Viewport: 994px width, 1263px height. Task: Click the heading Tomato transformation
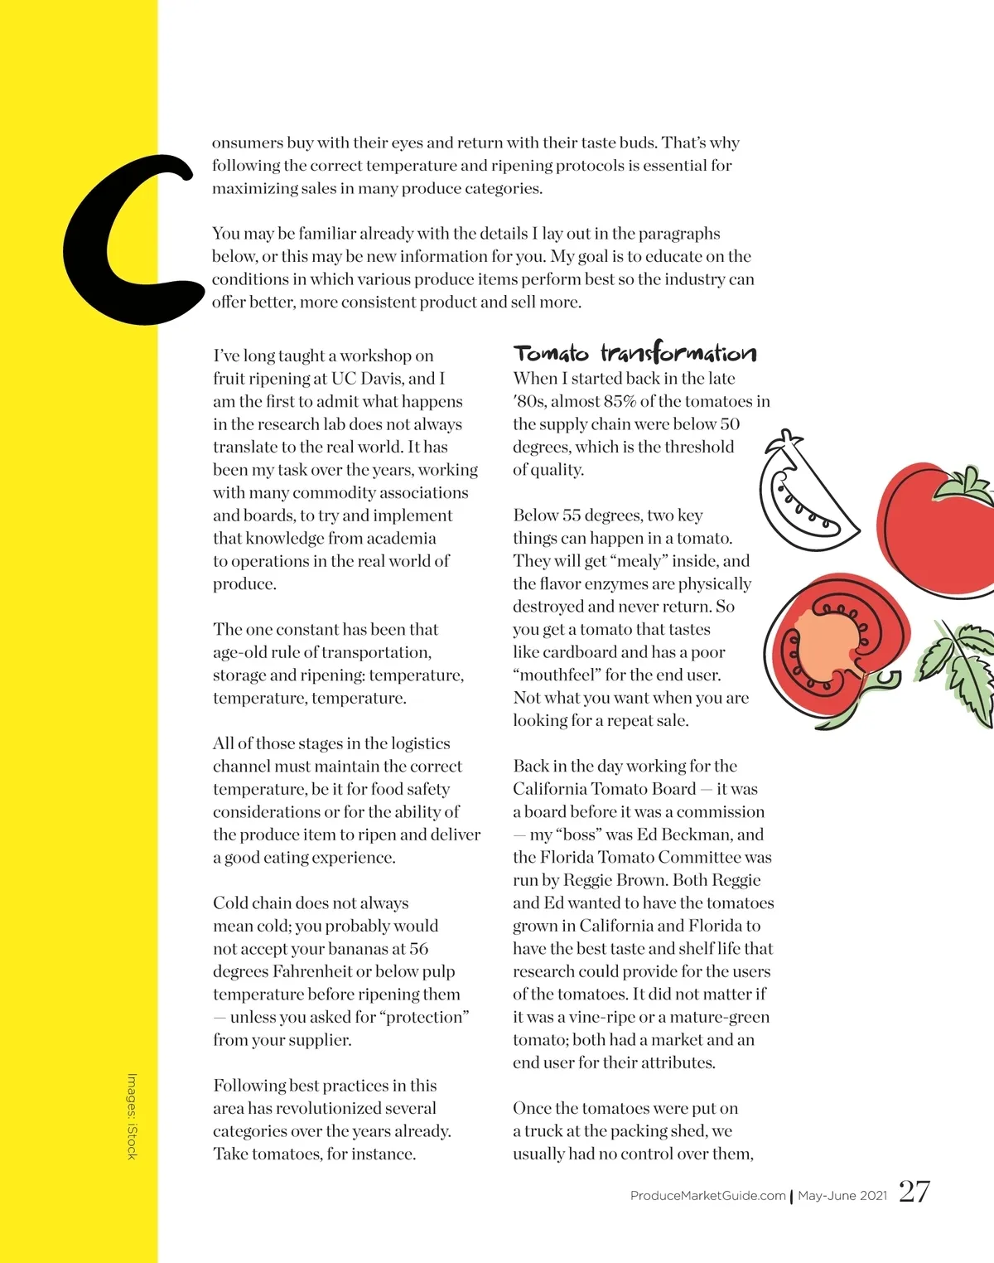[635, 354]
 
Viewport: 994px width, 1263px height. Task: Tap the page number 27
[914, 1192]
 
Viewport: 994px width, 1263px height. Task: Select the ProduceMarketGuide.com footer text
[707, 1196]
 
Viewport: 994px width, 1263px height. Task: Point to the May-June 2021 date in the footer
[842, 1196]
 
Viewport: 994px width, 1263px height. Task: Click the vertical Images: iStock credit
[132, 1116]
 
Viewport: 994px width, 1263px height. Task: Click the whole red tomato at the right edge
[936, 526]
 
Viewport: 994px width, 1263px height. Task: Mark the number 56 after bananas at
[419, 949]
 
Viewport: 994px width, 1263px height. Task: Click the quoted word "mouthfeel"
[557, 675]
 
